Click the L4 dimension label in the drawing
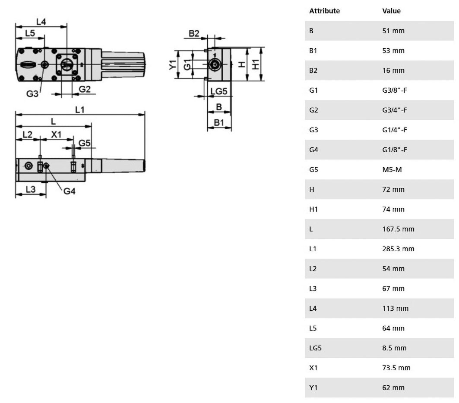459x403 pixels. point(41,22)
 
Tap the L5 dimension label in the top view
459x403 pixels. point(30,33)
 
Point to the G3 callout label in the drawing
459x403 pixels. point(32,94)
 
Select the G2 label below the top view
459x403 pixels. point(85,89)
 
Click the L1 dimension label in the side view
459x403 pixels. point(80,109)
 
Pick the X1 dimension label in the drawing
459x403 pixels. point(56,134)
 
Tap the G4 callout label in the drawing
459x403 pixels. point(70,191)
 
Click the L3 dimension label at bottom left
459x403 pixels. point(31,189)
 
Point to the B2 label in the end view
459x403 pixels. point(194,33)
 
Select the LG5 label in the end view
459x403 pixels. point(219,91)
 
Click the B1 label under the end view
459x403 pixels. point(219,122)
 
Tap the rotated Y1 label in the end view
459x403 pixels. point(173,65)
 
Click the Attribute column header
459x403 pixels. point(324,11)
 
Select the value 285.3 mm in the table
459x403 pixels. point(398,249)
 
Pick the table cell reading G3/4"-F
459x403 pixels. point(395,110)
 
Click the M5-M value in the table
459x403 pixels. point(392,170)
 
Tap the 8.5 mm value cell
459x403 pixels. point(394,348)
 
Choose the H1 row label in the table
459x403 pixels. point(313,209)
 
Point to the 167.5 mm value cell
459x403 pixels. point(398,229)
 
